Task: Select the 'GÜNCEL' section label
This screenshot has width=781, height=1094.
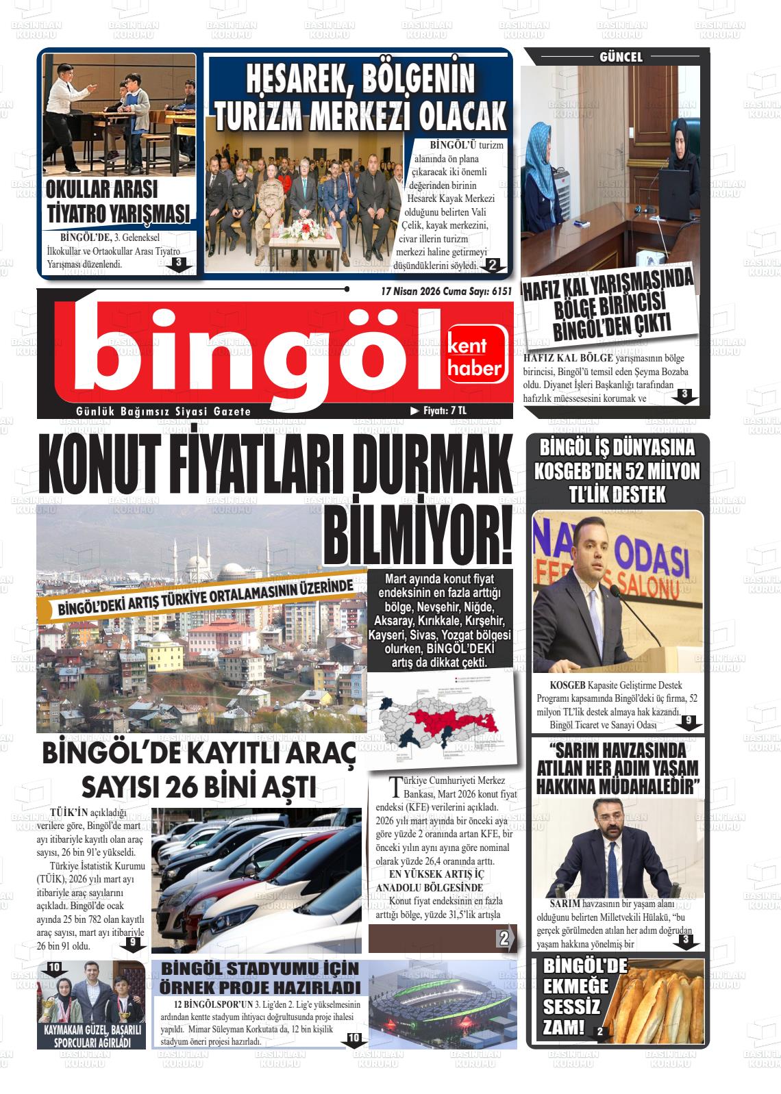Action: coord(621,58)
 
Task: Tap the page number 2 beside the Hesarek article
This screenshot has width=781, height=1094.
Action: coord(492,266)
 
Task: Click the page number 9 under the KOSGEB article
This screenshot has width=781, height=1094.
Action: coord(689,720)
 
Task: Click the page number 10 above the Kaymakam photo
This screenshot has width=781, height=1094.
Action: coord(55,967)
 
